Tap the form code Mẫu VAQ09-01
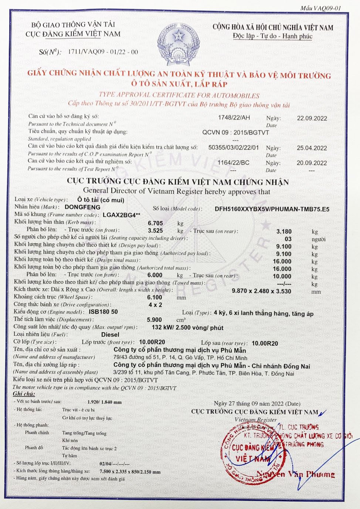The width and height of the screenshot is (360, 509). click(320, 8)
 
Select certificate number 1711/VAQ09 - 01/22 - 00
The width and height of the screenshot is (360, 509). click(103, 52)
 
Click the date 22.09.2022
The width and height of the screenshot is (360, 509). click(312, 118)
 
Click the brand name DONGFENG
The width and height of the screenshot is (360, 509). click(82, 207)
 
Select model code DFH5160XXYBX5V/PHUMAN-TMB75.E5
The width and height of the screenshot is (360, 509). click(272, 209)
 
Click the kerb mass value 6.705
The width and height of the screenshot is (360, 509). click(155, 223)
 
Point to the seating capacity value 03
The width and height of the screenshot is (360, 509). click(288, 239)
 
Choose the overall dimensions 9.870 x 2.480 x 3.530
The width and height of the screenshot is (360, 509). click(261, 291)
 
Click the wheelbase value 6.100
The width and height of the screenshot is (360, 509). click(154, 297)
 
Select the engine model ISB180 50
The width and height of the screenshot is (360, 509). click(103, 312)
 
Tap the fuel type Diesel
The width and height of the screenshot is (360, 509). click(110, 334)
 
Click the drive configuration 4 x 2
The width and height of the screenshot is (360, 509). click(155, 305)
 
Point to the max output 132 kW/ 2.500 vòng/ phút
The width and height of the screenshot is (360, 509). click(187, 327)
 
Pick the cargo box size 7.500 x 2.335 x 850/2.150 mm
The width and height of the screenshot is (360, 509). click(130, 472)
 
